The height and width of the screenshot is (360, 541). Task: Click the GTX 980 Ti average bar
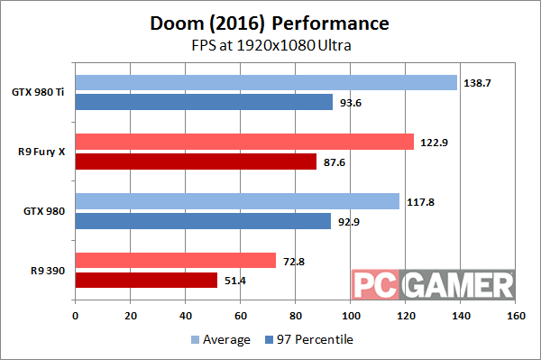point(266,82)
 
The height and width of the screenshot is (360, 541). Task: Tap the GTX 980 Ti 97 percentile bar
point(204,102)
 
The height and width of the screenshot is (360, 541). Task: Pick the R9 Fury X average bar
point(244,142)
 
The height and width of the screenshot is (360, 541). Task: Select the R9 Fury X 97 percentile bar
point(196,162)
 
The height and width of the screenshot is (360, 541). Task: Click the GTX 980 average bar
point(237,201)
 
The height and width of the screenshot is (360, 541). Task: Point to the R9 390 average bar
point(175,260)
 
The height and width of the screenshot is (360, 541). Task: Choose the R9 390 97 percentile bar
point(146,280)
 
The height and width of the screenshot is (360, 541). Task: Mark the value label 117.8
point(417,201)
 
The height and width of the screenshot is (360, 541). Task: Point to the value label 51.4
point(234,280)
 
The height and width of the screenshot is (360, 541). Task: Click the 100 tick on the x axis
point(351,317)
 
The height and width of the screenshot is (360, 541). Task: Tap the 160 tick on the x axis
point(516,317)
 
